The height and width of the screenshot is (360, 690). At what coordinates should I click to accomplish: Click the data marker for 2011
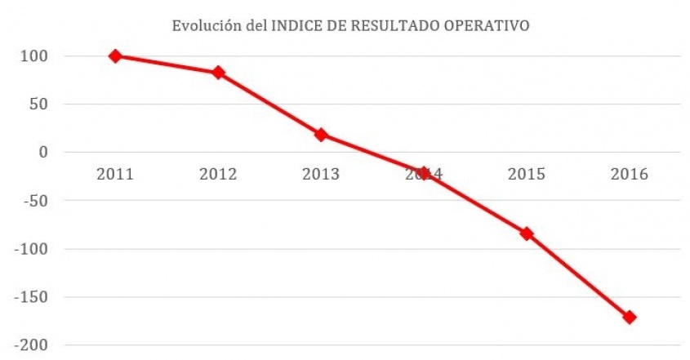[x=115, y=56]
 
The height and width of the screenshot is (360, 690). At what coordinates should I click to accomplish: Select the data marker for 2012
[x=218, y=73]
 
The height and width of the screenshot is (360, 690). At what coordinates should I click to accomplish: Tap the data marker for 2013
[x=321, y=135]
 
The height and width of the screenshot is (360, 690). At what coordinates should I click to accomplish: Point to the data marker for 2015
[x=527, y=233]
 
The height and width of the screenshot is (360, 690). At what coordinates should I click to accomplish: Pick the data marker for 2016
[x=630, y=317]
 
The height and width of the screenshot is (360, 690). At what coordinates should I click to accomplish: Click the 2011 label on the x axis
[x=115, y=174]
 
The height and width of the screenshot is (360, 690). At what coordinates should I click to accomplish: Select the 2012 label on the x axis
[x=218, y=174]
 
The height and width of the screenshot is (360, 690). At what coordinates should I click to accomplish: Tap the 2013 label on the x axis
[x=321, y=174]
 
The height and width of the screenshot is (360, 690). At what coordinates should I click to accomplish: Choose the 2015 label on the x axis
[x=527, y=174]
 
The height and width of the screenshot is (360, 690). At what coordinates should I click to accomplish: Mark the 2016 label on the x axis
[x=630, y=174]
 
